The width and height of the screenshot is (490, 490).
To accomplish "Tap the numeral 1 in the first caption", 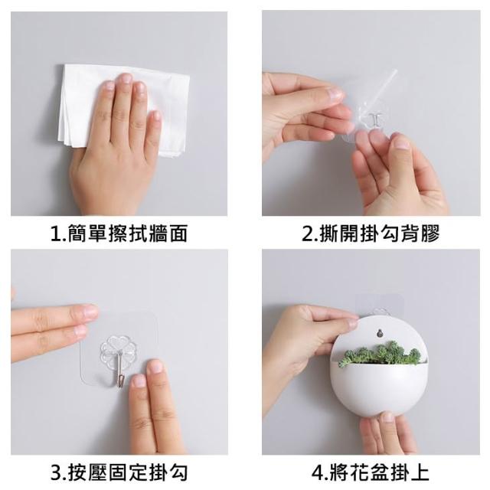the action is click(x=57, y=234).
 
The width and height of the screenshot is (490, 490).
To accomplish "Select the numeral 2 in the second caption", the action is click(x=307, y=234).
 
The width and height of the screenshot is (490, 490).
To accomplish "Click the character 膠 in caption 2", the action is click(x=430, y=234).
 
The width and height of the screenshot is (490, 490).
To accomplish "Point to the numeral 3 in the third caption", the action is click(x=57, y=473).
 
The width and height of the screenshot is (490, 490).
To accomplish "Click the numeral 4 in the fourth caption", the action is click(x=318, y=473).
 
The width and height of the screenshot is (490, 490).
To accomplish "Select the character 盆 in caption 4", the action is click(x=378, y=472).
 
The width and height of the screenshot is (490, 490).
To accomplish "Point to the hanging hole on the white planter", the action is click(x=380, y=333).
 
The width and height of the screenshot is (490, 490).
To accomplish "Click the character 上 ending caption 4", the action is click(x=419, y=472).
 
